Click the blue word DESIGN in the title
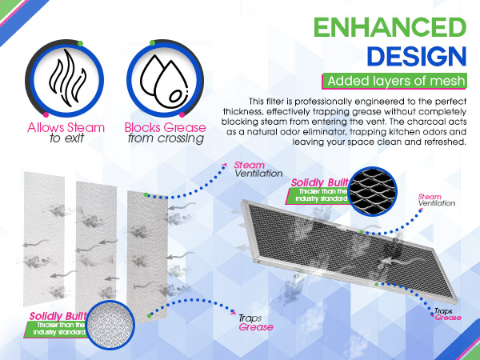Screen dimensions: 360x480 tap(416, 56)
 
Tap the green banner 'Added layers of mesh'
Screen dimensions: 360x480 tap(395, 82)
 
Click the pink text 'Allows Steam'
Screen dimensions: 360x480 tap(54, 127)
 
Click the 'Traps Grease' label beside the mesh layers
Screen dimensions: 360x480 tap(255, 322)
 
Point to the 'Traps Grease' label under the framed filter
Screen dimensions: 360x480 tap(448, 314)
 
